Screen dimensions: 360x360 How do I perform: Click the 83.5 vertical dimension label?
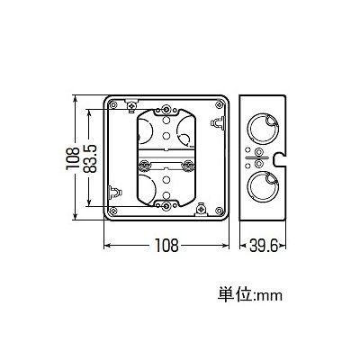[x=90, y=158]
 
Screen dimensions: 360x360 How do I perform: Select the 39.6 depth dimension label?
[x=263, y=246]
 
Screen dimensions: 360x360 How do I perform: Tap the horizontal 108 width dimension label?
[x=166, y=246]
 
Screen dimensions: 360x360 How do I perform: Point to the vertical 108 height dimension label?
[x=73, y=158]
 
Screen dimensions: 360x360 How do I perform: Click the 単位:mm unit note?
[x=250, y=294]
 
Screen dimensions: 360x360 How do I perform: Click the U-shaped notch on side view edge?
[x=280, y=158]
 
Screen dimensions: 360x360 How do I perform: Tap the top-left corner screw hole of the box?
[x=113, y=104]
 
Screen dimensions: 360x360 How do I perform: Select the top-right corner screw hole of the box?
[x=219, y=104]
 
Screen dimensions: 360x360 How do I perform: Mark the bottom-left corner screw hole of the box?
[x=113, y=211]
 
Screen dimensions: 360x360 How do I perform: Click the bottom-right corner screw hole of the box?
[x=220, y=211]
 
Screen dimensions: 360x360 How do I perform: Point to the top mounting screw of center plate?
[x=166, y=110]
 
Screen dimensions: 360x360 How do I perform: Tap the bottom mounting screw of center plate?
[x=166, y=205]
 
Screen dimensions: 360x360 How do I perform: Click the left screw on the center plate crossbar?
[x=144, y=165]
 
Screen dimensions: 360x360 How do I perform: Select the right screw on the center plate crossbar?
[x=189, y=165]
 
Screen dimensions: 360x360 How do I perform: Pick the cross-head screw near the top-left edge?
[x=131, y=105]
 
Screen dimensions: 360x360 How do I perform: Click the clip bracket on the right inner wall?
[x=218, y=122]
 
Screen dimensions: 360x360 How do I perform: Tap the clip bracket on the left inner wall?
[x=114, y=193]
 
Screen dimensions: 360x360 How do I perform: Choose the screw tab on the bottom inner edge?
[x=201, y=209]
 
